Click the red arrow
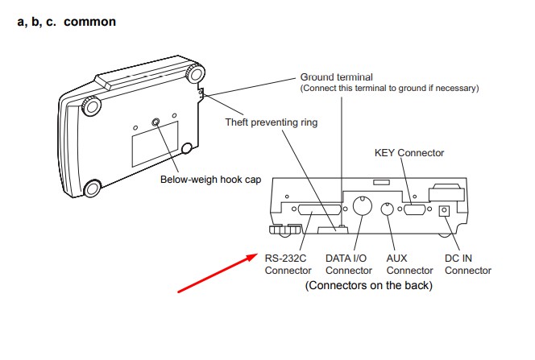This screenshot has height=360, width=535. pos(218,273)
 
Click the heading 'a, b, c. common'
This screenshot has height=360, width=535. pos(67,22)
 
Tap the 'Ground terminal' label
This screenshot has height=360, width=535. pos(337,77)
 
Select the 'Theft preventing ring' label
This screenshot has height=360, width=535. pos(272,122)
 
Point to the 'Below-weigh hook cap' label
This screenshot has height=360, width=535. pos(211,180)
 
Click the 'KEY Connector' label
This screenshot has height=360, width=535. pos(409,153)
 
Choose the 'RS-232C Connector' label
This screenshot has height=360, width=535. pos(288,264)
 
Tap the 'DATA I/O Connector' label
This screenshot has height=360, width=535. pos(349,264)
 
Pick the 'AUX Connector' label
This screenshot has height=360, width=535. pos(409,264)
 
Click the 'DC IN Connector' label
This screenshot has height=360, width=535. pos(468,264)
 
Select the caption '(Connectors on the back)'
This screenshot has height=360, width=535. pos(369,285)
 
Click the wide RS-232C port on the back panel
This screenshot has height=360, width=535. pos(319,209)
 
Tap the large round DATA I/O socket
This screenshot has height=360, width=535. pos(362,205)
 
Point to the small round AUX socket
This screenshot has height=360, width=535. pos(387,209)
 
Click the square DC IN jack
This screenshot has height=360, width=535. pos(444,211)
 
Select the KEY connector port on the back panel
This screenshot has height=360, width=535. pos(415,209)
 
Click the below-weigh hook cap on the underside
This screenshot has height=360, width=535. pos(156,122)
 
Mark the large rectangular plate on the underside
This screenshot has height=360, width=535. pos(156,144)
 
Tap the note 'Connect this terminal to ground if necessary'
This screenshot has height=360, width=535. pos(389,89)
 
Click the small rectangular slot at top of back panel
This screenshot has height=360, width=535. pos(381,182)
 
